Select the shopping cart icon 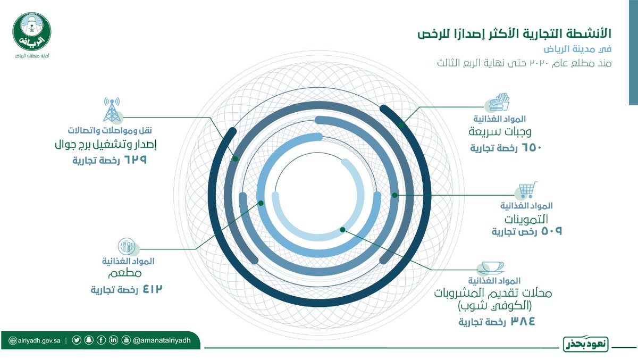(x=527, y=191)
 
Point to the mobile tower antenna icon (x=112, y=110)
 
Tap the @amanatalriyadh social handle (x=165, y=341)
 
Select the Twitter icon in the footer (x=78, y=341)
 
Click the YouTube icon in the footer (x=126, y=341)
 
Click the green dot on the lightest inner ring (x=343, y=230)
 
